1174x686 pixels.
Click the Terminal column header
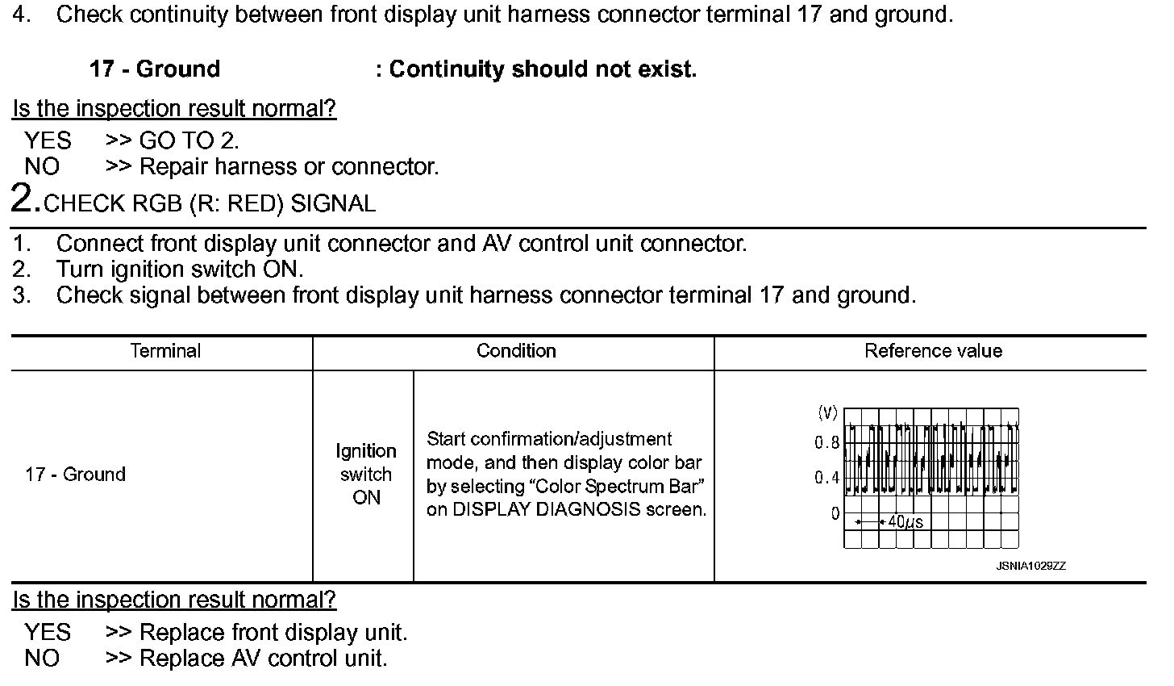(x=165, y=351)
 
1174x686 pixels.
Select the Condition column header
(x=516, y=351)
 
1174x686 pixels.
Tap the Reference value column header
(x=933, y=351)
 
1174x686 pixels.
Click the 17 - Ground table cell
(x=75, y=475)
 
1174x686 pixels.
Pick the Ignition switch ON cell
(x=366, y=475)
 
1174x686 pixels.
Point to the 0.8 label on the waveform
(x=826, y=443)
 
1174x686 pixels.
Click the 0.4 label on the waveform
(x=826, y=478)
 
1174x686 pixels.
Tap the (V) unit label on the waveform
(x=827, y=413)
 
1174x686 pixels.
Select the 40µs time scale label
(x=905, y=522)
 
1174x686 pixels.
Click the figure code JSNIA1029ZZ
(x=1030, y=567)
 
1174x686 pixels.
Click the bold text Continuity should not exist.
(x=542, y=69)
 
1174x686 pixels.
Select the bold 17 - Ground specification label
(x=155, y=69)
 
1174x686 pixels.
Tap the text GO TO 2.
(x=189, y=141)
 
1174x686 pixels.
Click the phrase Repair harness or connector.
(x=289, y=167)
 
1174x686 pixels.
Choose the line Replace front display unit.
(x=273, y=633)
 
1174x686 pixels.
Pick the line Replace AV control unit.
(x=264, y=659)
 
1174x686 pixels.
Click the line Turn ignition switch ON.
(x=180, y=269)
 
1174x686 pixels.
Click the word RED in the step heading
(x=256, y=203)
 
